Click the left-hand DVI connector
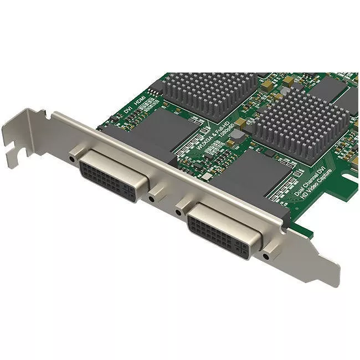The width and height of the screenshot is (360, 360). pos(114,176)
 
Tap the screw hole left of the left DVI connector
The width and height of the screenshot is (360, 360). pos(73,159)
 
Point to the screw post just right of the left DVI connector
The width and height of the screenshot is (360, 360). pos(152,198)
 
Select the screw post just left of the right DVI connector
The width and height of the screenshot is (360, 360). pos(178,211)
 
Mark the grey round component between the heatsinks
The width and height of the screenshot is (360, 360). pos(237,133)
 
